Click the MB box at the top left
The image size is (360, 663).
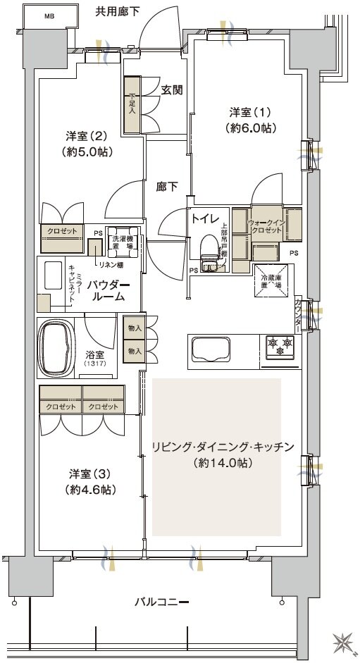tap(49, 15)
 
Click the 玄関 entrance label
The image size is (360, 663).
tap(172, 89)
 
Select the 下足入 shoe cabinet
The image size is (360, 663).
tap(132, 104)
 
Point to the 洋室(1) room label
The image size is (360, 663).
tap(251, 113)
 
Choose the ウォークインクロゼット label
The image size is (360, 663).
tap(266, 226)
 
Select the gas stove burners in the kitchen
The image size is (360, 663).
tap(280, 346)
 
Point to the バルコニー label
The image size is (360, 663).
tap(162, 602)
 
